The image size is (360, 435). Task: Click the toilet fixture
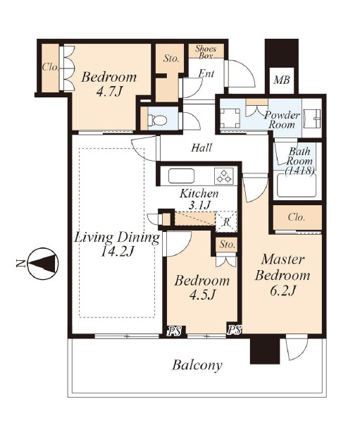coord(157,120)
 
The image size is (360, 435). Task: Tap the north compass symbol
coord(44,262)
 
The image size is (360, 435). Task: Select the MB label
coord(282,80)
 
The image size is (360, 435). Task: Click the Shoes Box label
coord(206,52)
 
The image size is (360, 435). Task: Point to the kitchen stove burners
coord(224,176)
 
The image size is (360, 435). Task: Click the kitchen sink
coord(181,176)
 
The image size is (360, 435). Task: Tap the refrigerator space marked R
coord(226,221)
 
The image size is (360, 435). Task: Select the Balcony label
coord(197,365)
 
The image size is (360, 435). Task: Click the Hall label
coord(201,147)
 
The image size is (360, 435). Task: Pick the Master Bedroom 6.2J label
coord(282,275)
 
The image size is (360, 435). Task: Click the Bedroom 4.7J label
coord(109,84)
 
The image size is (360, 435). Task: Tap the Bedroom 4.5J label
coord(202,288)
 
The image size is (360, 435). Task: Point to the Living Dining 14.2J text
coord(117,245)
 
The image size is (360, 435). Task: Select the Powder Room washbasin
coord(312,118)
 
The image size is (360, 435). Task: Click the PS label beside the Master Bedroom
coord(235,330)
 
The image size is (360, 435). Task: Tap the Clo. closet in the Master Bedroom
coord(297,217)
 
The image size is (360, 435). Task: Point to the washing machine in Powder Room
coord(230,118)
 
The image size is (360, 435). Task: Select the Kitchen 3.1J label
coord(199,199)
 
